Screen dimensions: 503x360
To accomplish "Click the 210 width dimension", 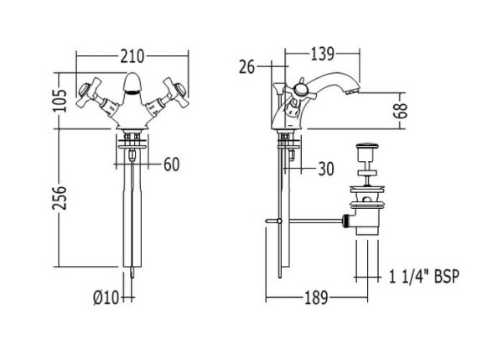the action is [132, 56].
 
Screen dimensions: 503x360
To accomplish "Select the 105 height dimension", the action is [60, 101].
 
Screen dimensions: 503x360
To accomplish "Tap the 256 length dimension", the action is [60, 197].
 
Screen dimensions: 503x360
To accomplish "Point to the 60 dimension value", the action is [171, 164].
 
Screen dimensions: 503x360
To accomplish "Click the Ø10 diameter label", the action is [106, 298].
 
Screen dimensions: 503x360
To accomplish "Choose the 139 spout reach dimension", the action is [323, 54].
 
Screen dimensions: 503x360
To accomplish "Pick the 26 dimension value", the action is [246, 67].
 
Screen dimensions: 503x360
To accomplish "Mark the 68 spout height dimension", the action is [401, 111].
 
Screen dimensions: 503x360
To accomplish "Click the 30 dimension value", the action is [326, 169].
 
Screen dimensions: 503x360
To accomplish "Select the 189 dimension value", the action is [316, 298].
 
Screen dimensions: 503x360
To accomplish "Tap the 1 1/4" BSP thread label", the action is [423, 276].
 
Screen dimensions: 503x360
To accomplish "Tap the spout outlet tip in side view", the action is [352, 91].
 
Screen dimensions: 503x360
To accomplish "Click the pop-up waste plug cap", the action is [368, 148].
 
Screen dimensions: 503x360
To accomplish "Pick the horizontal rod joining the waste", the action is [316, 221].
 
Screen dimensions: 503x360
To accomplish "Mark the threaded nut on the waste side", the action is [345, 221].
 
